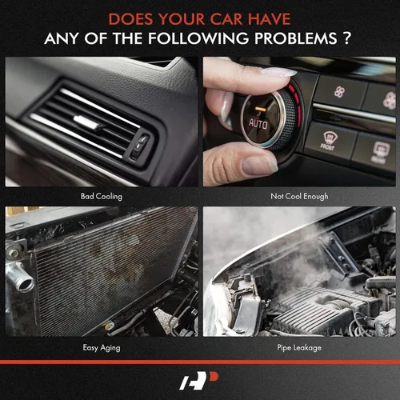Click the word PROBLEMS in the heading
pos(296,38)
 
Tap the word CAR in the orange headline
pos(226,19)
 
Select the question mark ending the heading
pos(346,38)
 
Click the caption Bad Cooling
pos(102,196)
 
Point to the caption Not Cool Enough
pos(299,196)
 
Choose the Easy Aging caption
pos(102,348)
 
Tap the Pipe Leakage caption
pos(299,348)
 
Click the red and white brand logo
pos(199,380)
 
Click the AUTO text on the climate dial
pos(258,124)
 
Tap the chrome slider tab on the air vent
pos(86,122)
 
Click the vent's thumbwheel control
pos(140,147)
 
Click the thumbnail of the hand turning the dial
pos(299,122)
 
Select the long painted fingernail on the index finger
pos(278,72)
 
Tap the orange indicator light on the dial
pos(260,109)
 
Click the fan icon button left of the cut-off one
pos(340,92)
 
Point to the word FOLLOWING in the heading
pos(198,38)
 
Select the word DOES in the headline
pos(130,19)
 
